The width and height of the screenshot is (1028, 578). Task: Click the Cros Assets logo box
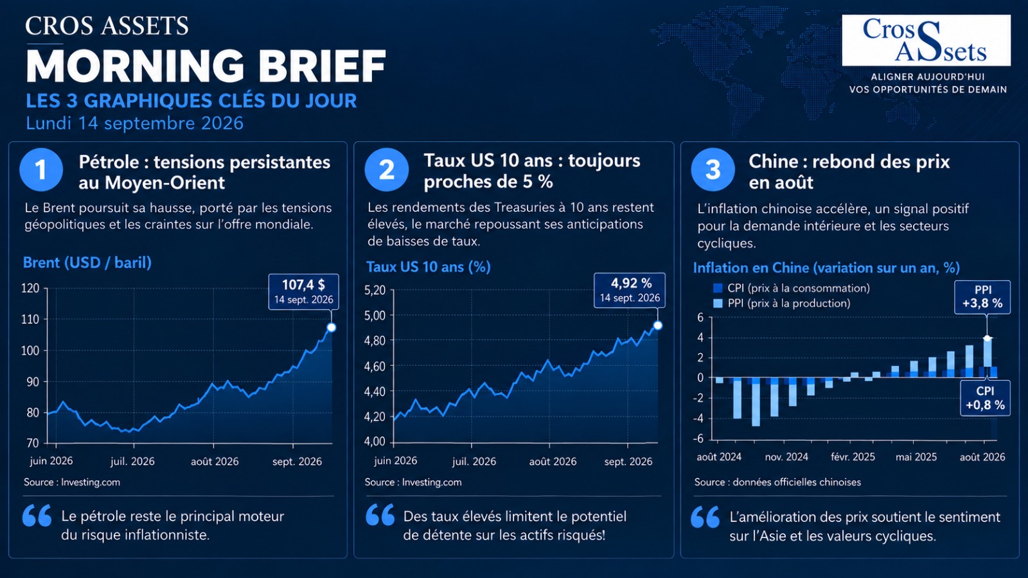click(x=926, y=40)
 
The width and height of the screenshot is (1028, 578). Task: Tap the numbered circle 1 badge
click(x=41, y=170)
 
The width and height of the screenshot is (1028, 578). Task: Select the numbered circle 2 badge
click(x=386, y=170)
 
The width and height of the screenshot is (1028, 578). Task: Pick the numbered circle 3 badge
click(x=713, y=170)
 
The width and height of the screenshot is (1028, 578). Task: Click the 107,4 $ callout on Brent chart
click(x=303, y=292)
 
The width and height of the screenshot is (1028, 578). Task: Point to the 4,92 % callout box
click(x=629, y=290)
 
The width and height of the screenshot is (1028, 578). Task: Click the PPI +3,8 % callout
click(x=982, y=297)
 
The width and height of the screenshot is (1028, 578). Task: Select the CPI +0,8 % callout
click(x=985, y=398)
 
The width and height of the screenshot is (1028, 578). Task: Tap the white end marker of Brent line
click(x=332, y=328)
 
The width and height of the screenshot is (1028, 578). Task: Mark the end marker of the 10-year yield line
click(x=658, y=325)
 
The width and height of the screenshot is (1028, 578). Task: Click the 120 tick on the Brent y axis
click(x=30, y=288)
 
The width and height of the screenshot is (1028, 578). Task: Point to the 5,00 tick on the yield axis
click(x=375, y=315)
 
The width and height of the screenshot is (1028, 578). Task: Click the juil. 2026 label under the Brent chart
click(x=132, y=461)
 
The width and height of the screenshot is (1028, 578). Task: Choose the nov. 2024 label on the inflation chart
click(x=786, y=457)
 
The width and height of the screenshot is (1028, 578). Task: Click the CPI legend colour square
click(x=718, y=288)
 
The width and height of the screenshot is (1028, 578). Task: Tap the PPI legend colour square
click(x=718, y=303)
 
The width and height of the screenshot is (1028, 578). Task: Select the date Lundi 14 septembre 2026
click(x=134, y=123)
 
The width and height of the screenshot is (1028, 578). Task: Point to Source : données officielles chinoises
click(x=777, y=482)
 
